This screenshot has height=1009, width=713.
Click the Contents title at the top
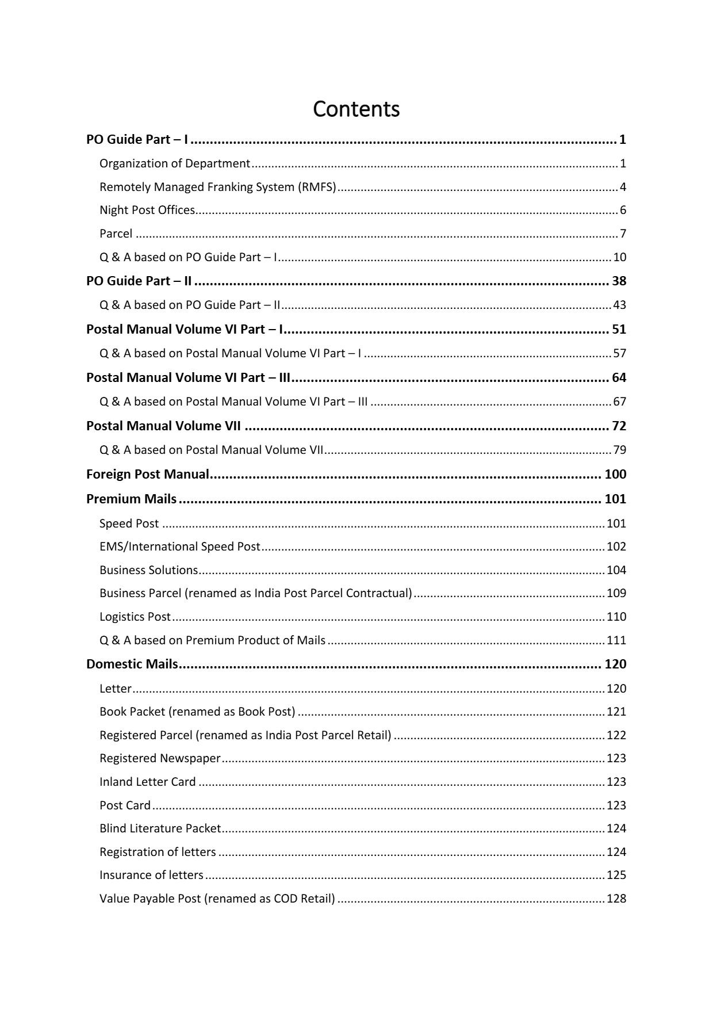(356, 109)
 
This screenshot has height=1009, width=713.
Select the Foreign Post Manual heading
(148, 475)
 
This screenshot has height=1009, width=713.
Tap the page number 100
(615, 475)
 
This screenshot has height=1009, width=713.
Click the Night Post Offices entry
(147, 211)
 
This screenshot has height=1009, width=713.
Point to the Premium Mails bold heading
(131, 499)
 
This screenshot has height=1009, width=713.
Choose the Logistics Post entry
(135, 617)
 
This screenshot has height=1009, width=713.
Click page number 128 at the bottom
(616, 899)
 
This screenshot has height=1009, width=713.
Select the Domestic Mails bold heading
(132, 664)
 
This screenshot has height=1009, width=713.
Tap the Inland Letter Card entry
(148, 782)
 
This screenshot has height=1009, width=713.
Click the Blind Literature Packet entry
(160, 828)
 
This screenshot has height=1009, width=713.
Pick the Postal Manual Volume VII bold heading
(163, 426)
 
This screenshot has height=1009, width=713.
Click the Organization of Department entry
(175, 164)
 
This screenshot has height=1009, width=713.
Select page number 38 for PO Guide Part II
(619, 281)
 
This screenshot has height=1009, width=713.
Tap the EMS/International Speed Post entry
(180, 546)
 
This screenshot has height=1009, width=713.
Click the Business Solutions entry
(149, 570)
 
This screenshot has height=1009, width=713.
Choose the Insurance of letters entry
(151, 875)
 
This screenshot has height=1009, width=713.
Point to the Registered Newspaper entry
(160, 758)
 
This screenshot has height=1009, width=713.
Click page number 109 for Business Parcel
(616, 593)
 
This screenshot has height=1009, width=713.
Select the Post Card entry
(125, 805)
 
